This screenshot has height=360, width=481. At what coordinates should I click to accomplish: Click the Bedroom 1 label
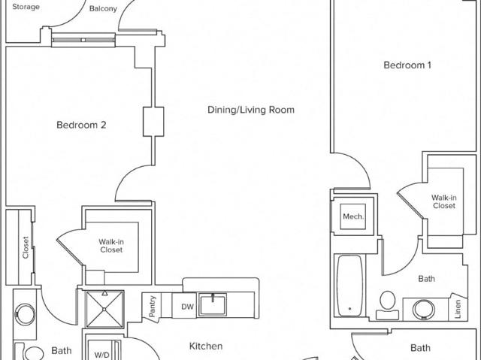pos(407,65)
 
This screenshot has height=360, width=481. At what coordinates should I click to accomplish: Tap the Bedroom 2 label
pos(81,125)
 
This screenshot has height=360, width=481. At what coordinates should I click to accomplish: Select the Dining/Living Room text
pos(251,110)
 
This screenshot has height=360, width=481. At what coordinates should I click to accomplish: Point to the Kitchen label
pos(206,346)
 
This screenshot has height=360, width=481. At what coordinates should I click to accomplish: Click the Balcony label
pos(103,8)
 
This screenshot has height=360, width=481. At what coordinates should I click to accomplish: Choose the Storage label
pos(26,7)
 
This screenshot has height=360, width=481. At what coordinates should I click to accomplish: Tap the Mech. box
pos(352,216)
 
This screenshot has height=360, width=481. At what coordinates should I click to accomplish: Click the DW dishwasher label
pos(187,307)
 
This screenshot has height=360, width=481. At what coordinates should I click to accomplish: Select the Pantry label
pos(153,306)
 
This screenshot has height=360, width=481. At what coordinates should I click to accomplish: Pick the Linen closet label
pos(458,309)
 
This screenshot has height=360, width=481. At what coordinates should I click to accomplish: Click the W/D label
pos(101,355)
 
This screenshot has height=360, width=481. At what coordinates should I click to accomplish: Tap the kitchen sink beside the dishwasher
pos(212,304)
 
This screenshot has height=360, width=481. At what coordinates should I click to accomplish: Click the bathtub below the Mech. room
pos(349,286)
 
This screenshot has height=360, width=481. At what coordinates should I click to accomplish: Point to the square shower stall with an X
pos(104,309)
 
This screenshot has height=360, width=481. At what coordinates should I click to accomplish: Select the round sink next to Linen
pos(424,310)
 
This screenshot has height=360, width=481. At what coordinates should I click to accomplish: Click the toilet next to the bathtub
pos(387,305)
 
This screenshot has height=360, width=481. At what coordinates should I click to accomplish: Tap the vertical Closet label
pos(26,247)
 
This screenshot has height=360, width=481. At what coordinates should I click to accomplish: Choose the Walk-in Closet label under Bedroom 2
pos(111,246)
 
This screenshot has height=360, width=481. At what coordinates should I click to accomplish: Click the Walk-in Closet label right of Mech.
pos(444,201)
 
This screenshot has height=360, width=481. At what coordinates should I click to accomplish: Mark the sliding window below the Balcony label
pos(83,40)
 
